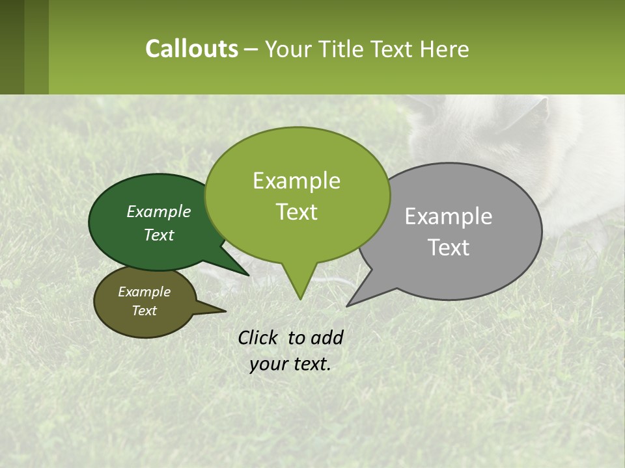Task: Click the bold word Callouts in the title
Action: (x=191, y=49)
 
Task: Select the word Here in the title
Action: (x=445, y=49)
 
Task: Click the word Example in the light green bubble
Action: (x=296, y=181)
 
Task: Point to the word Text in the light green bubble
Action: (x=296, y=212)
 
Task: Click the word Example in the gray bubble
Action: (x=449, y=216)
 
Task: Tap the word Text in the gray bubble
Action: (x=449, y=248)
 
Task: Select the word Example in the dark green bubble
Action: (x=159, y=211)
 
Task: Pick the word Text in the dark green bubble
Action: (x=159, y=235)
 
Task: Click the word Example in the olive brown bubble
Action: (x=144, y=292)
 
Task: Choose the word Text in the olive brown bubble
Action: (x=144, y=311)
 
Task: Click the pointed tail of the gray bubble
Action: (x=358, y=296)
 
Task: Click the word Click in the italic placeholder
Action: (x=258, y=337)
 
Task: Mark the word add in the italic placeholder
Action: (x=327, y=337)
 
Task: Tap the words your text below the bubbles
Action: (x=290, y=364)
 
